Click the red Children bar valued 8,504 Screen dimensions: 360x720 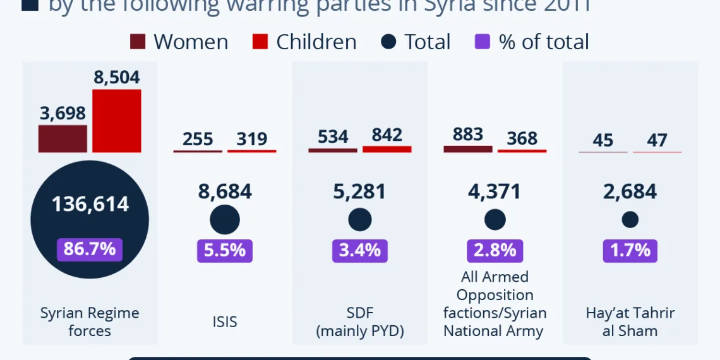tap(116, 121)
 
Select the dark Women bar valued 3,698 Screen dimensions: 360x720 tap(63, 138)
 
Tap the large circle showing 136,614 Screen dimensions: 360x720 tap(90, 215)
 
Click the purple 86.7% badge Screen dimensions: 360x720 tap(90, 249)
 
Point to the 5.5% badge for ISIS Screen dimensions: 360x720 tap(224, 250)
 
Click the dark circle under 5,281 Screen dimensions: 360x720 tap(360, 220)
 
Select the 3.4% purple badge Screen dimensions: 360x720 tap(360, 250)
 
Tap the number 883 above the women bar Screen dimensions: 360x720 tap(468, 135)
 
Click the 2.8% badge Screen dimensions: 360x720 tap(495, 250)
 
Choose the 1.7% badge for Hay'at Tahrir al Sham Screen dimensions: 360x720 tap(630, 250)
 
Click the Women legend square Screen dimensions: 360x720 tap(138, 42)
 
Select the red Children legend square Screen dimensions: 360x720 tap(260, 42)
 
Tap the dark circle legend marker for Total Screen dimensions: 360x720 tap(389, 42)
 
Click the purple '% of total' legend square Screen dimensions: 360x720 tap(482, 42)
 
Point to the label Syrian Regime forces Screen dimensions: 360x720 tap(90, 321)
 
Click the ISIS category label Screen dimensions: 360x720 tap(224, 321)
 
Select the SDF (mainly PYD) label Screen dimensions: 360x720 tap(360, 321)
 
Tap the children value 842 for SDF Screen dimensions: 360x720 tap(387, 135)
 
